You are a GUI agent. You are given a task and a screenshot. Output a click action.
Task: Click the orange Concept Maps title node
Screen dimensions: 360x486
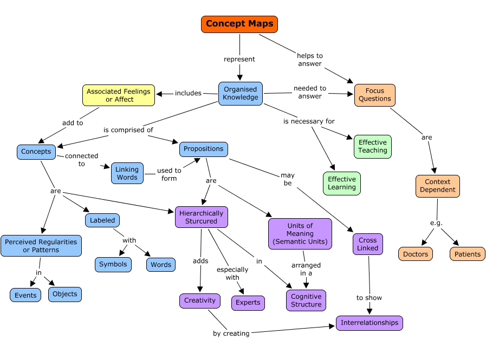(239, 24)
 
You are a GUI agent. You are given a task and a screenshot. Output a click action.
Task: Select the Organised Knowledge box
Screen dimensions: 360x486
(240, 94)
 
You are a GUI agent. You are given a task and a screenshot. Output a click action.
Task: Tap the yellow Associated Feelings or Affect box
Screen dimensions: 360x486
(119, 95)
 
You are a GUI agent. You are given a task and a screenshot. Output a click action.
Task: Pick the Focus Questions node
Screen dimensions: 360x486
(374, 95)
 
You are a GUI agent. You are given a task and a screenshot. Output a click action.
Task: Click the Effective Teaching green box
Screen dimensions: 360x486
(372, 147)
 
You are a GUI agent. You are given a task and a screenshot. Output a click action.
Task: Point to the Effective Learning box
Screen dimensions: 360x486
(342, 183)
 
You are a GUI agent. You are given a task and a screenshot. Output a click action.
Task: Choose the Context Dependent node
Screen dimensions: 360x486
(437, 186)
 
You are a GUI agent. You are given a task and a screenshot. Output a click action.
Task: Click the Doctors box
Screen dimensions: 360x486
(416, 254)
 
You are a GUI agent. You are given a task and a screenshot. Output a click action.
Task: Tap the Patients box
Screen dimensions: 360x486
(467, 254)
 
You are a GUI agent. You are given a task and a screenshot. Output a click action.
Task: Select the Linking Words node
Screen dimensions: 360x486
(127, 173)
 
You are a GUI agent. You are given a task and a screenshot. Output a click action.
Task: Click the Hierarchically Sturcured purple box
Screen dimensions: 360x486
(201, 217)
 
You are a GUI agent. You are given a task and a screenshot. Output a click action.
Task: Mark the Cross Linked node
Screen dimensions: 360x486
(368, 244)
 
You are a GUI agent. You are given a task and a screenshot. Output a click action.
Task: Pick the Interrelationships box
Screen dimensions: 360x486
(370, 323)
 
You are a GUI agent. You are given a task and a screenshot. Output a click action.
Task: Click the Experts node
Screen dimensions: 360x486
(248, 303)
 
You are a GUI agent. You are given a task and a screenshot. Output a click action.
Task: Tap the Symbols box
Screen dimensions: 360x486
(113, 265)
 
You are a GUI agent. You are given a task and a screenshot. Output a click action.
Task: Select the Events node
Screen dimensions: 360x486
(25, 295)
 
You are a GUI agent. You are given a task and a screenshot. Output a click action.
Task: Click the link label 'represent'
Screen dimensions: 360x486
(239, 59)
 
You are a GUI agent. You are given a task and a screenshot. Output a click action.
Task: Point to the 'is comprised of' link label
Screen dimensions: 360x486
(128, 130)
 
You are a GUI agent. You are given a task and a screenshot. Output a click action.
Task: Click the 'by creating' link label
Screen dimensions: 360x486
(231, 333)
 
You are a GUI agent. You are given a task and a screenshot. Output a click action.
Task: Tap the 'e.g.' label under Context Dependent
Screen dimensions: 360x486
(436, 223)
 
